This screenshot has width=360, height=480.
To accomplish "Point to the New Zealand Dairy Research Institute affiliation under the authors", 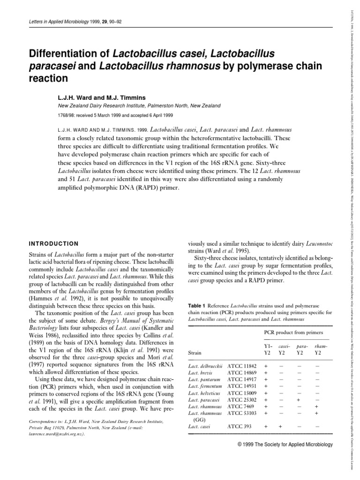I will coord(139,106).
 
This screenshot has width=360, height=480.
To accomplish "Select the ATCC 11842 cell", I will coord(242,365).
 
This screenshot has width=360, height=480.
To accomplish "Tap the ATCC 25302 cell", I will coord(242,400).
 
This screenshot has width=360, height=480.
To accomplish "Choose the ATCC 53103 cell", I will coord(242,413).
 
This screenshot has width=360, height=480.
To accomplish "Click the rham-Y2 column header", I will coord(318,349).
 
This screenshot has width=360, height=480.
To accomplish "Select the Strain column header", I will coord(195,352).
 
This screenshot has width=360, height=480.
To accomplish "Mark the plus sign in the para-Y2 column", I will coord(299,400).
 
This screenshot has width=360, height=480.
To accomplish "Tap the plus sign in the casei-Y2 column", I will coord(280,427).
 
